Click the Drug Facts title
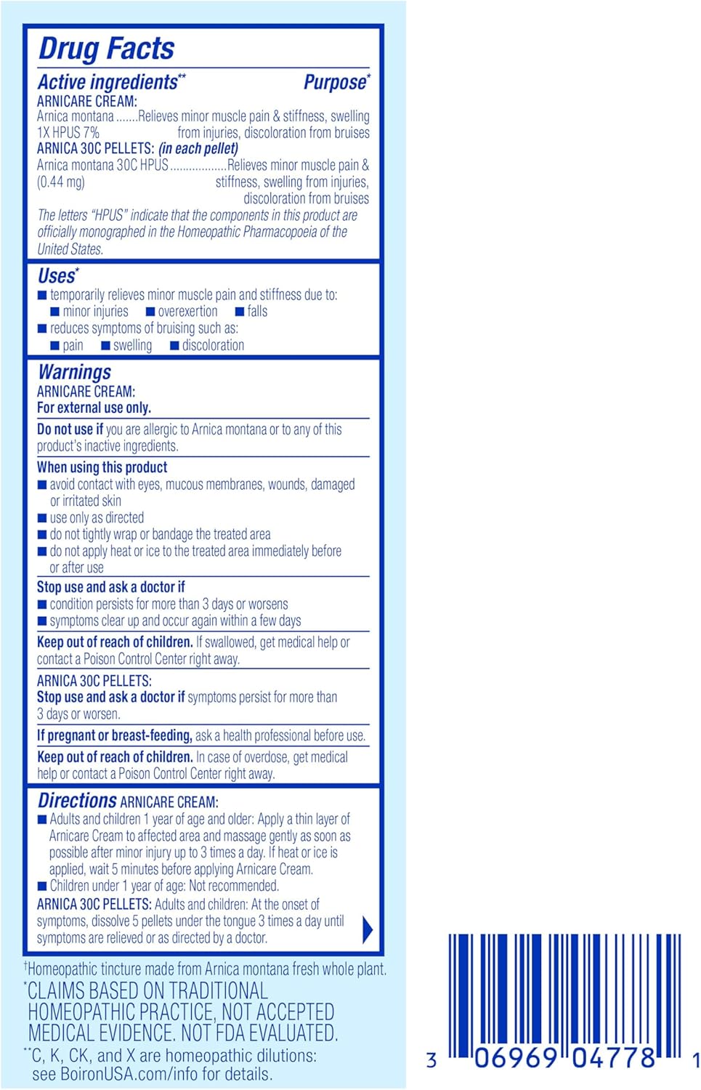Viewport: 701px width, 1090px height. pos(106,49)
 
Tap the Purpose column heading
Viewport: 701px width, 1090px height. pos(336,82)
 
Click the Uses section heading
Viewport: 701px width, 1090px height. pos(57,276)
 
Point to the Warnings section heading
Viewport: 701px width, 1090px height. pos(74,372)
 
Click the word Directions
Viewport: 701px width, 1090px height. pos(77,801)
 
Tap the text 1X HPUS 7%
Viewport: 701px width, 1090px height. pos(68,132)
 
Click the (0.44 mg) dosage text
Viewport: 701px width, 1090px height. pos(61,182)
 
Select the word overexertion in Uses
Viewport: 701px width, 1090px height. pos(187,311)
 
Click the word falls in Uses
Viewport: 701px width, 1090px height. pos(257,311)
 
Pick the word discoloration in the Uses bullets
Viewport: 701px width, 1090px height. pos(213,345)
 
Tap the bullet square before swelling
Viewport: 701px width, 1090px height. pos(105,346)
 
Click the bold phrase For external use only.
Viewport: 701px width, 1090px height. pos(94,408)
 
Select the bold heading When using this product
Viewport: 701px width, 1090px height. pos(102,467)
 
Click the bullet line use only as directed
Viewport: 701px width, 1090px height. pos(97,517)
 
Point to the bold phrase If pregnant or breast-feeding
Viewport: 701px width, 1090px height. pos(115,735)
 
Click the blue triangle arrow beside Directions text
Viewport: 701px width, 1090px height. pos(368,929)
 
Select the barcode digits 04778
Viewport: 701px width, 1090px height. pos(613,1058)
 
